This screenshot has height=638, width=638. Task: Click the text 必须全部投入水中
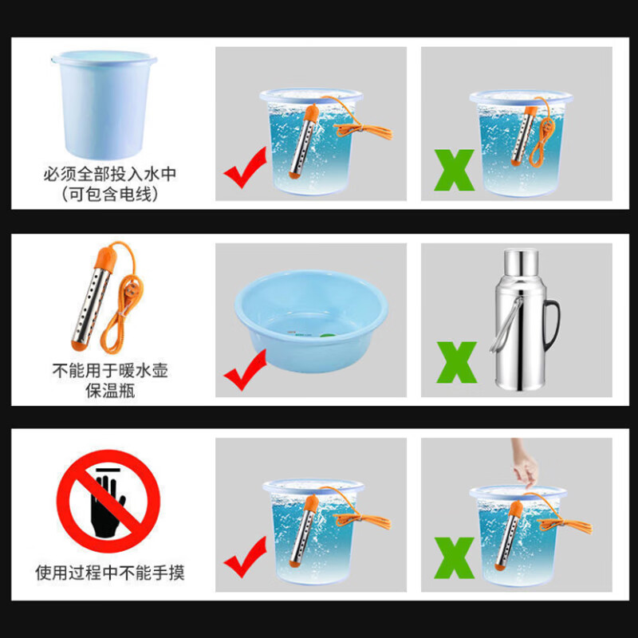tap(102, 174)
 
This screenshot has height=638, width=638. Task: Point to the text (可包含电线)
tap(102, 194)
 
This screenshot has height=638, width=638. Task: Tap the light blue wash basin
tap(311, 311)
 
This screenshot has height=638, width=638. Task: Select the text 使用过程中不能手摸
tap(110, 573)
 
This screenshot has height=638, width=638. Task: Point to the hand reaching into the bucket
tap(525, 467)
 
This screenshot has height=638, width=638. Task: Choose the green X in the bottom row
tap(454, 557)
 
